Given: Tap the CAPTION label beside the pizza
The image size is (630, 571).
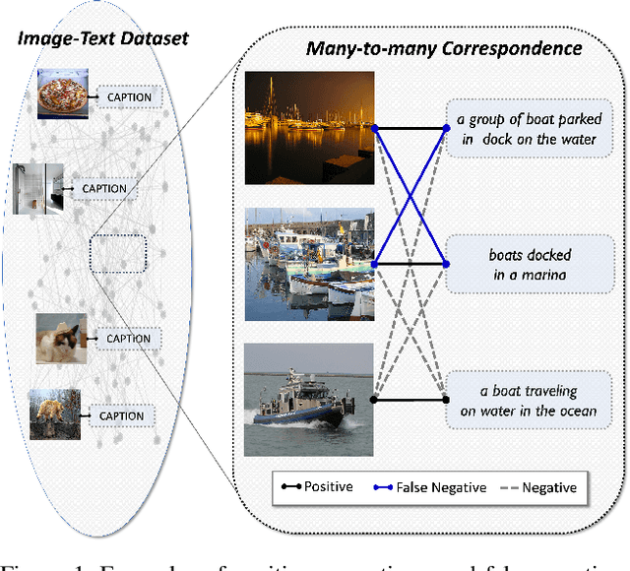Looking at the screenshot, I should (x=129, y=97).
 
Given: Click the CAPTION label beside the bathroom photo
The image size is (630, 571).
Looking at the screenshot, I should (x=102, y=188).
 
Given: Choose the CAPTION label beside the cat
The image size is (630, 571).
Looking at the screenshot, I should (x=129, y=339).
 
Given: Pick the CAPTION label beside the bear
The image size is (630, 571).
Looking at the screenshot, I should (x=121, y=416).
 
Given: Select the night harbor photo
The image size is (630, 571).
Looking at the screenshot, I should (x=308, y=127).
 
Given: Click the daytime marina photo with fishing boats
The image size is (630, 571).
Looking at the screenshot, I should (x=308, y=263).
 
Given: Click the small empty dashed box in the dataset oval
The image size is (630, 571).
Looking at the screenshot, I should (x=117, y=253).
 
